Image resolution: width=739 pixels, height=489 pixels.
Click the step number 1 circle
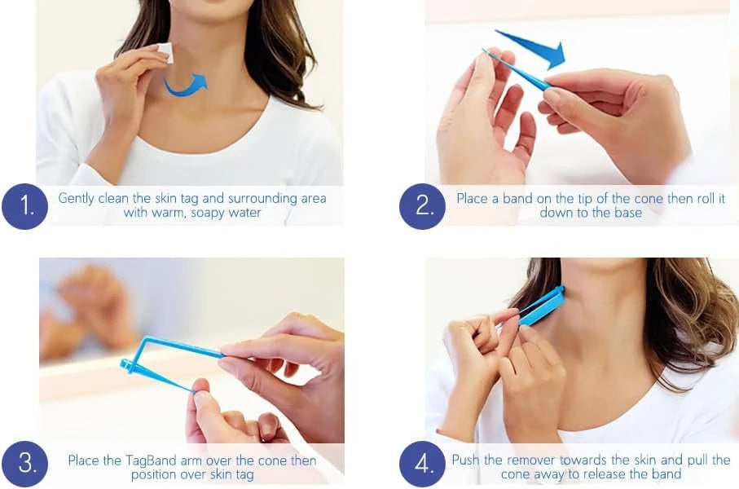(25, 206)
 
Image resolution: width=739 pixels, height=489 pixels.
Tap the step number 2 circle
(422, 206)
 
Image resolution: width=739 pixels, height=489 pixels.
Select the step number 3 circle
(25, 464)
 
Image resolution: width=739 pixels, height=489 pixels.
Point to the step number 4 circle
(422, 464)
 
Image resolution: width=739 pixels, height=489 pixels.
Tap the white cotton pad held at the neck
(165, 52)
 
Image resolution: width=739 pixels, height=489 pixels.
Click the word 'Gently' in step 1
(76, 199)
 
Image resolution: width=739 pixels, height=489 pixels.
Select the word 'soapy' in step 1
(208, 214)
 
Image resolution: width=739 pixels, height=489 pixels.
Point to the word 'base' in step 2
(628, 213)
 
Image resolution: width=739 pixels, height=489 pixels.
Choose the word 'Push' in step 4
(466, 460)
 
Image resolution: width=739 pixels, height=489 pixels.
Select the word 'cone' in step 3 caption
(271, 460)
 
